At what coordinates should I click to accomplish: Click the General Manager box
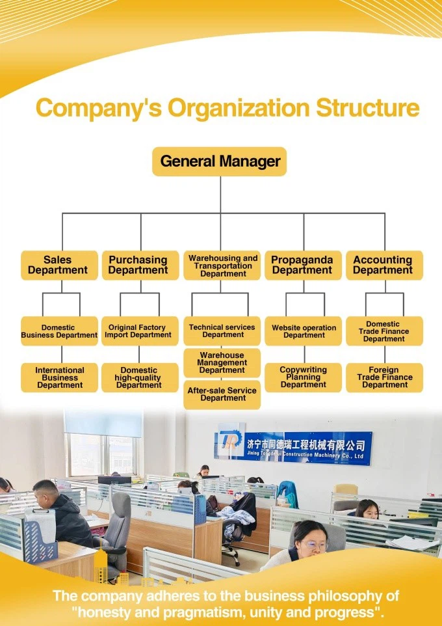(x=220, y=161)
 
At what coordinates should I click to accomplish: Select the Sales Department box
(x=59, y=265)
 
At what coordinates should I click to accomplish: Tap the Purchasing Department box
(x=140, y=265)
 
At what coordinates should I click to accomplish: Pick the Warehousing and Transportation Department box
(x=222, y=265)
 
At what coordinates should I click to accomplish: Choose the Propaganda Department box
(x=303, y=265)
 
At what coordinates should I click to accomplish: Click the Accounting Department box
(x=385, y=265)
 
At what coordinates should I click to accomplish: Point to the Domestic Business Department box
(x=59, y=331)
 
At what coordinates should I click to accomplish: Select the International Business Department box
(x=59, y=377)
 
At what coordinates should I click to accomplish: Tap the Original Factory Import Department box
(x=140, y=331)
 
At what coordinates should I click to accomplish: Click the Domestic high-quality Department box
(x=140, y=377)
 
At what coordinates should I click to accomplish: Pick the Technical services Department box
(x=222, y=331)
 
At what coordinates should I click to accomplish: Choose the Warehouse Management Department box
(x=222, y=363)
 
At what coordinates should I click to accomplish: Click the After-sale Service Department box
(x=222, y=395)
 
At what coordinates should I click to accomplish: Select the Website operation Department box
(x=303, y=331)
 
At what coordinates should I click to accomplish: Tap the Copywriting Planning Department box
(x=303, y=377)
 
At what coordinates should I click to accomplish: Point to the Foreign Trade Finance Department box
(x=385, y=377)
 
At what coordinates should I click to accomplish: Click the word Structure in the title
(x=368, y=108)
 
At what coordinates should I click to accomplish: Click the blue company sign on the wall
(x=294, y=448)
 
